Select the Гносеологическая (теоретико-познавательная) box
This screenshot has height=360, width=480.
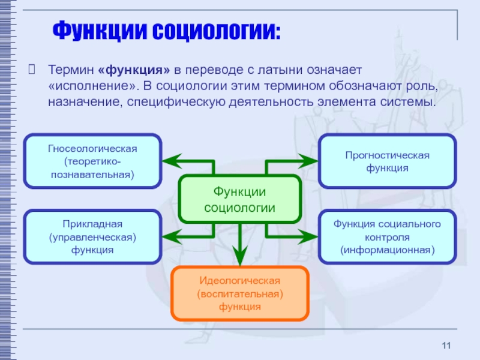(93, 161)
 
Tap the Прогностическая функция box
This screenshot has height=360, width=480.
(387, 161)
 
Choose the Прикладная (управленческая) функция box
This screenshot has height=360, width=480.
(93, 236)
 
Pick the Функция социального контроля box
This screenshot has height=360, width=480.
(387, 236)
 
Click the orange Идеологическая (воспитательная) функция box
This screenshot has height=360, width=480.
(240, 294)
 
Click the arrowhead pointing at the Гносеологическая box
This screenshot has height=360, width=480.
(170, 161)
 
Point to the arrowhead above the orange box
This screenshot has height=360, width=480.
(240, 259)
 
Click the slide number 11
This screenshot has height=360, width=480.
(445, 344)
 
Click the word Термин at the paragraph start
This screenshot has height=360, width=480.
(71, 71)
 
